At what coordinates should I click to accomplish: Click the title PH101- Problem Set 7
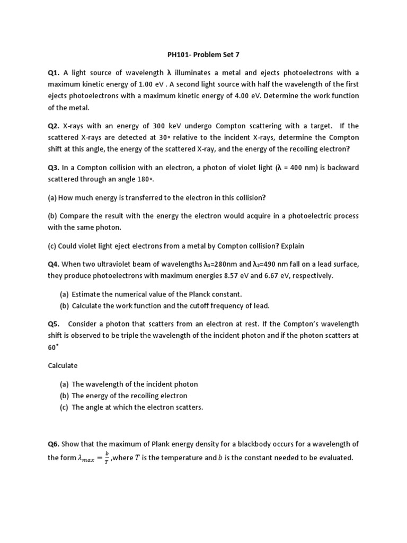click(203, 54)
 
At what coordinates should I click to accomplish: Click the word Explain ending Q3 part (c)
click(293, 246)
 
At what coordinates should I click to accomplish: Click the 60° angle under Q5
click(52, 347)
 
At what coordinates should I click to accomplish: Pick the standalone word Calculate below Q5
click(63, 365)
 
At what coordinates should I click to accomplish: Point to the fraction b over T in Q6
click(106, 457)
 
